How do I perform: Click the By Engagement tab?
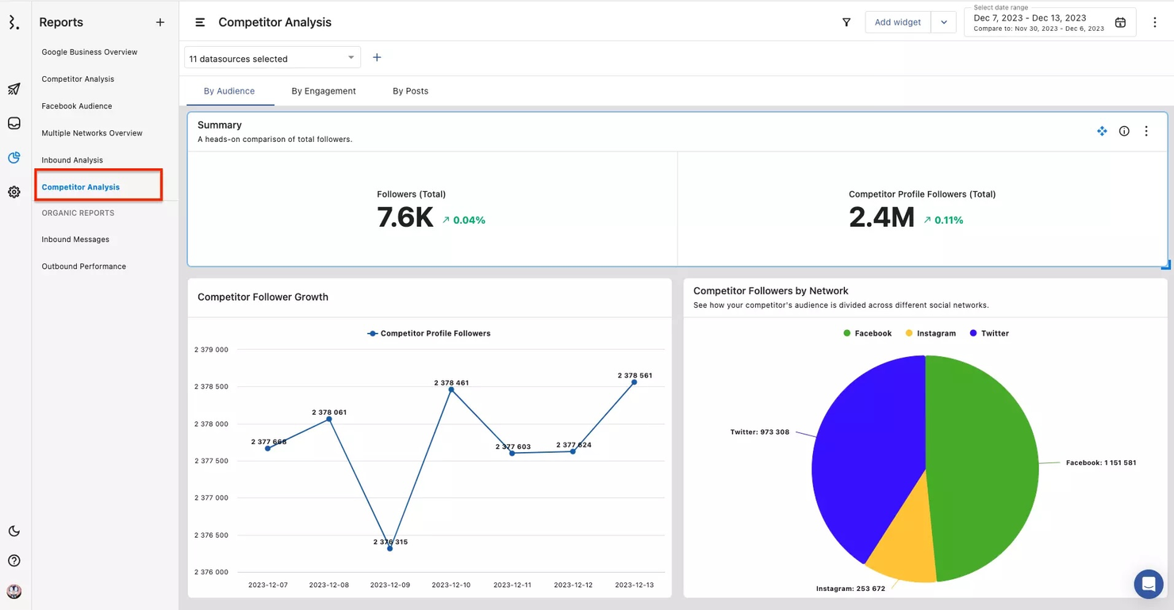(324, 91)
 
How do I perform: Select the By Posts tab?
(410, 91)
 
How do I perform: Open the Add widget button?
(897, 22)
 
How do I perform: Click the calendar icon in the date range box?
(1120, 22)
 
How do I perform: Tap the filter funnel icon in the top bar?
(846, 22)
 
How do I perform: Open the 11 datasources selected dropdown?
(272, 58)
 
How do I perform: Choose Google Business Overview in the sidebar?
(90, 52)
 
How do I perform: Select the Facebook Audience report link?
(77, 106)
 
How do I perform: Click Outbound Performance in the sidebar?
(84, 267)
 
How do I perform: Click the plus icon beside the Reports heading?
(160, 22)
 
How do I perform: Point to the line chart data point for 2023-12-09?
(389, 548)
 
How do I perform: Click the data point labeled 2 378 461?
(451, 389)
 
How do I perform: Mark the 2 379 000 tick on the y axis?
(211, 350)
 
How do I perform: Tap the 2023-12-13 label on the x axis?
(634, 585)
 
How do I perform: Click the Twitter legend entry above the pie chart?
(989, 334)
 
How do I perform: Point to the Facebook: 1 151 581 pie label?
(1100, 462)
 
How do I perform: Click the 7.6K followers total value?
(405, 217)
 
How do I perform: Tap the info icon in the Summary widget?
(1124, 132)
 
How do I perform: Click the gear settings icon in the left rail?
(14, 192)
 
